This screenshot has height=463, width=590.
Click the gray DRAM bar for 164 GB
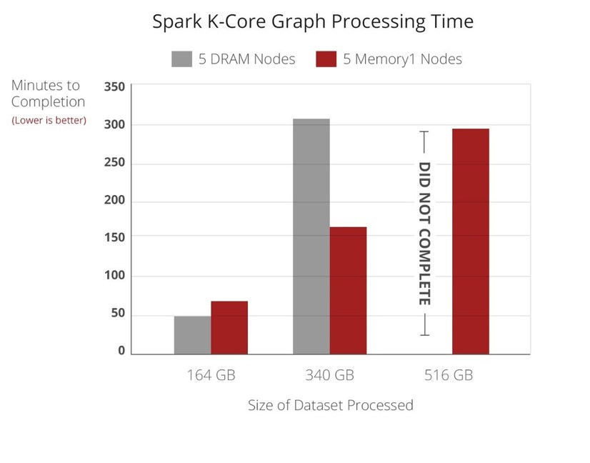pos(192,334)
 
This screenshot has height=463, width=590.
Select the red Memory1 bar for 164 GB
pos(229,327)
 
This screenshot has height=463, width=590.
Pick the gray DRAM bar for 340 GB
pos(311,236)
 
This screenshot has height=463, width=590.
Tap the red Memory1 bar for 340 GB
pos(348,290)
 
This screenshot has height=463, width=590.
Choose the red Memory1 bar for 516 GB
pos(470,241)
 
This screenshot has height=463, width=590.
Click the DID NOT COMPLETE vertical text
pos(424,234)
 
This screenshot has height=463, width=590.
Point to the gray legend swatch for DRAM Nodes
pos(182,59)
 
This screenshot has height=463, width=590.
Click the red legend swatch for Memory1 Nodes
pos(326,59)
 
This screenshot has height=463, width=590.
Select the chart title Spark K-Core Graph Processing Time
pos(313,21)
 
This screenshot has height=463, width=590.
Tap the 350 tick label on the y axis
pos(114,87)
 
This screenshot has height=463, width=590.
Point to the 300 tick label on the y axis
pos(114,125)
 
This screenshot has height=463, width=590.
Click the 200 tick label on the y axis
pos(114,200)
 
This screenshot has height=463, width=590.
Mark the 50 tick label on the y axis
pos(117,313)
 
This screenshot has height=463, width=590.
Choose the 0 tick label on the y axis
pos(121,351)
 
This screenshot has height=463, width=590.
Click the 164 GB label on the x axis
pos(211,375)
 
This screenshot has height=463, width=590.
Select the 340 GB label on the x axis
pos(330,375)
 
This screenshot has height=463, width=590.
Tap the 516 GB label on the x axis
pos(449,375)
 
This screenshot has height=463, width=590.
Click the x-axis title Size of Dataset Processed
pos(330,405)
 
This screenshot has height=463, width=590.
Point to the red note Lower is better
pos(49,120)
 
